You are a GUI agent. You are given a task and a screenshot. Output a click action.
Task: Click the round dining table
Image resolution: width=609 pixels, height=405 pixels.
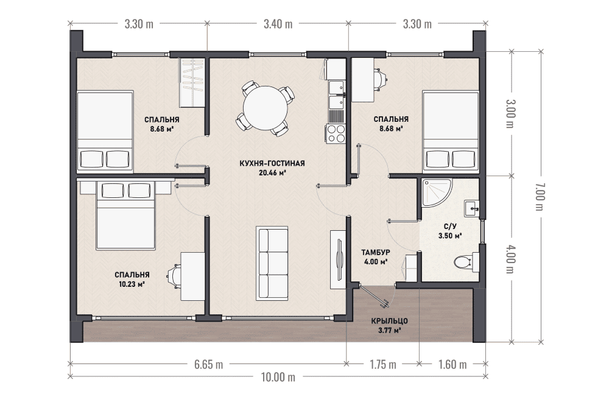click(266, 108)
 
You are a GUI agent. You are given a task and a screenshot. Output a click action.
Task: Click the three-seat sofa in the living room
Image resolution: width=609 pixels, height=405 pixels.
click(272, 264)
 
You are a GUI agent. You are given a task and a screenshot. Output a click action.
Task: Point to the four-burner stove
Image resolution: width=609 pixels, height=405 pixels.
click(335, 133)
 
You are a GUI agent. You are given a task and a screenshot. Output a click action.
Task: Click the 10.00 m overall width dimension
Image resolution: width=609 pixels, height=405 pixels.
click(278, 376)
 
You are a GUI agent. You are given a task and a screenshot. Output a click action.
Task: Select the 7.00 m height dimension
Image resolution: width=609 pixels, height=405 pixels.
click(540, 197)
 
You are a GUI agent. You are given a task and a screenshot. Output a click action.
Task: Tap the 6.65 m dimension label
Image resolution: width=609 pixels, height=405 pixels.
click(208, 365)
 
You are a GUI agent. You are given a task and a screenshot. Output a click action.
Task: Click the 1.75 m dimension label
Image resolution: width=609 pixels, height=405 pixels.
click(383, 365)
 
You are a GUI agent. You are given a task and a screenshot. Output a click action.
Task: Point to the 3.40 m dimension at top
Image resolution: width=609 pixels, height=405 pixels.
click(278, 24)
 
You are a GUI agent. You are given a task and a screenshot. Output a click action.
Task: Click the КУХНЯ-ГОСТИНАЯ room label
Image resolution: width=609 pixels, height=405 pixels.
click(272, 163)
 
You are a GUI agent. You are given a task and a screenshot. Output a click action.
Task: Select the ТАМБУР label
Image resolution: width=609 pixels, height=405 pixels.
click(376, 253)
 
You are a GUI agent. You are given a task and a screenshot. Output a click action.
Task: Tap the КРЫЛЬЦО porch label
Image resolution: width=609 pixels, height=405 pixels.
click(389, 321)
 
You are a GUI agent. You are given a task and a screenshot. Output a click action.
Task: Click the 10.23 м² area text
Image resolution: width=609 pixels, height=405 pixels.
click(132, 284)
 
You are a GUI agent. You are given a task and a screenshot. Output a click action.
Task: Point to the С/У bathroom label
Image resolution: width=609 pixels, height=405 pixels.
click(450, 227)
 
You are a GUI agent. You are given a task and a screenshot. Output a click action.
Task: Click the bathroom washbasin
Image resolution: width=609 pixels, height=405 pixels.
click(471, 208)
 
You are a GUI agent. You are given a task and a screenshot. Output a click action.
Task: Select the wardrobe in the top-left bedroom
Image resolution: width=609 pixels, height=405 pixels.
click(192, 82)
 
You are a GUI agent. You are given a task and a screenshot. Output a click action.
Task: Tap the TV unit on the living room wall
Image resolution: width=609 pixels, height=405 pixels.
click(338, 259)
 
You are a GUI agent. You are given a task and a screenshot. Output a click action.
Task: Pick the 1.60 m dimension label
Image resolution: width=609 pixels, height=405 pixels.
click(452, 365)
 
